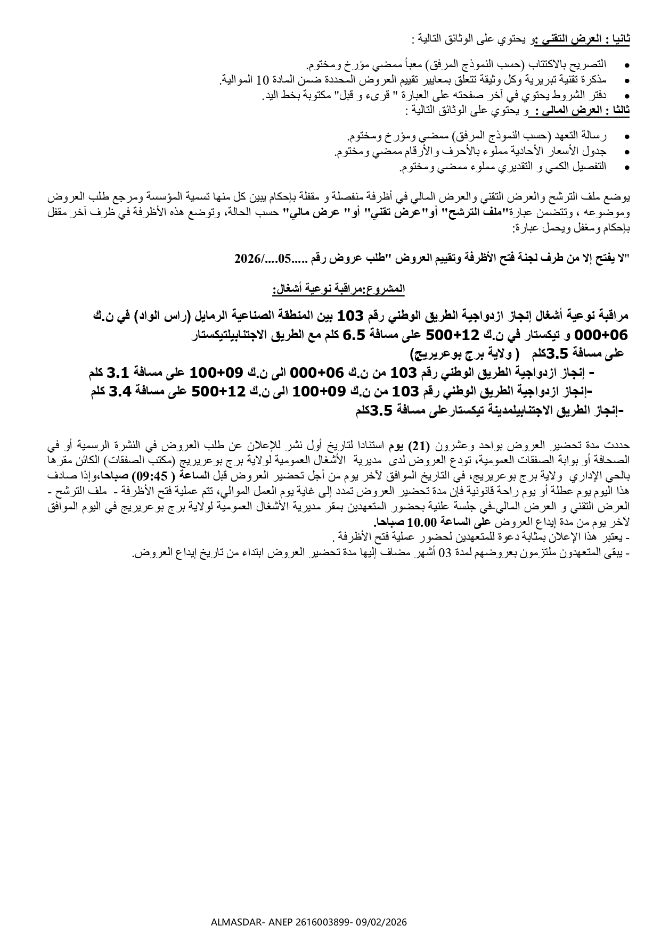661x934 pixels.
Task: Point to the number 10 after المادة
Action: (x=262, y=80)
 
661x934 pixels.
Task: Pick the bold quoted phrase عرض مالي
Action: (x=305, y=213)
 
